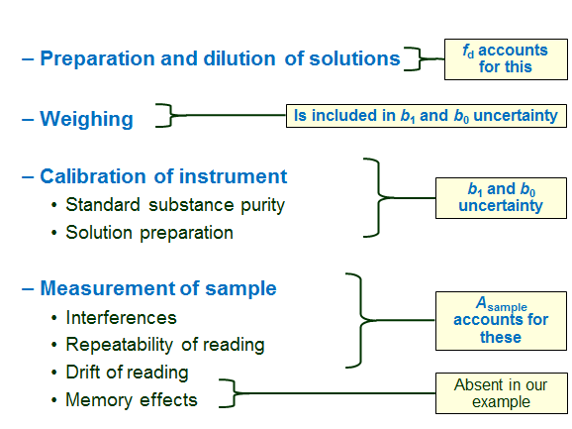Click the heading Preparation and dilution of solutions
tap(218, 58)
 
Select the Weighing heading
tap(86, 119)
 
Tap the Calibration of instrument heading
tap(163, 176)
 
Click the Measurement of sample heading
tap(157, 288)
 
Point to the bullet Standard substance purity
tap(175, 205)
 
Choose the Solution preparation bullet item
tap(149, 233)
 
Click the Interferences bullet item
tap(121, 318)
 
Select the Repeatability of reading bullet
tap(165, 345)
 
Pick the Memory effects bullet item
tap(132, 400)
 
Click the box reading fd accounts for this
tap(505, 59)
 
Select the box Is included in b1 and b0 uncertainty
tap(427, 115)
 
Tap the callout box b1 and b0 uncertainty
tap(501, 198)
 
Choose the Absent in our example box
tap(501, 393)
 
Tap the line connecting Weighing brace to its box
tap(233, 115)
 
